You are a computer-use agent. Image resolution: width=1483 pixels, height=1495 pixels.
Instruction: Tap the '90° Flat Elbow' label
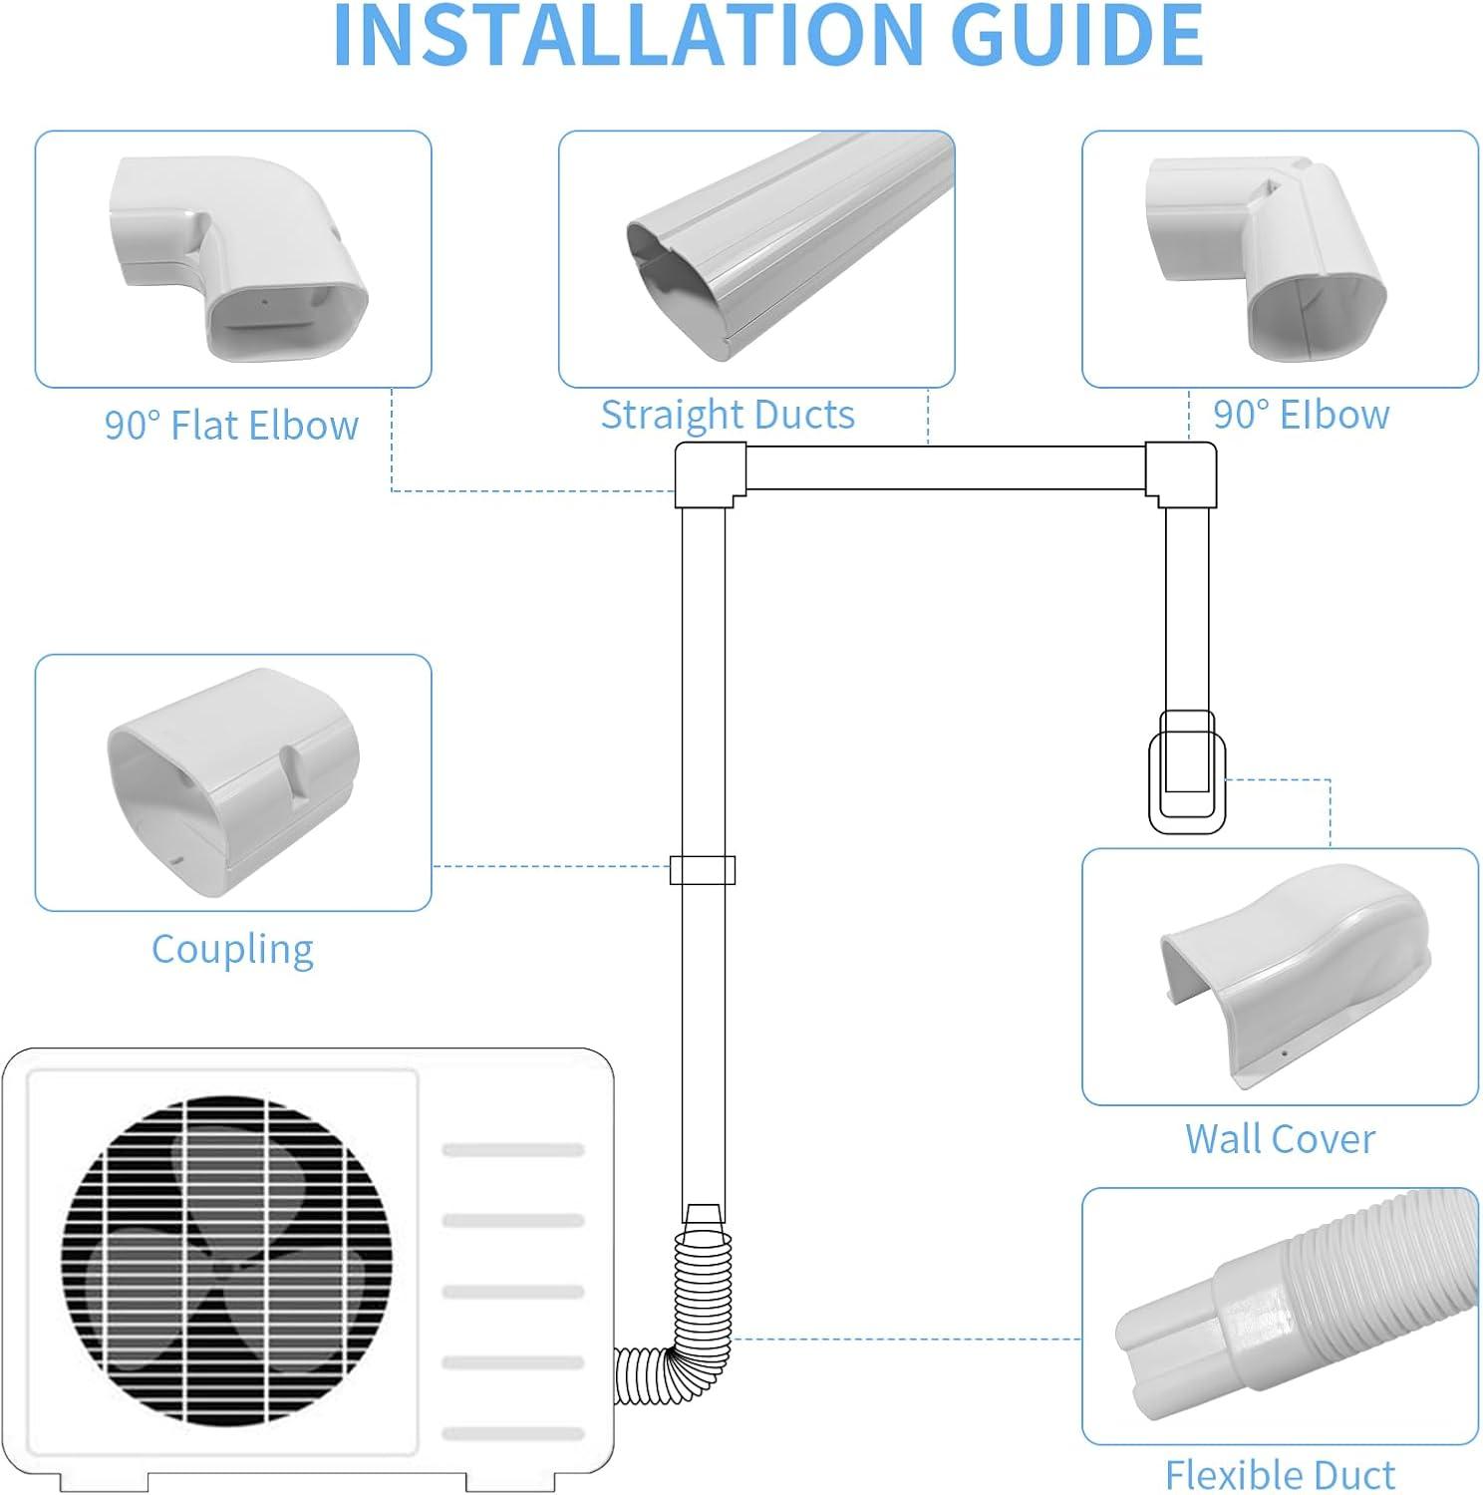tap(231, 426)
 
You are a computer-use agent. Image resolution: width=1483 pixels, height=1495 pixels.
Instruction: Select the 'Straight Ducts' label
tap(728, 415)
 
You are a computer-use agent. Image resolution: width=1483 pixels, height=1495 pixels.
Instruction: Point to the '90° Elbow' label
tap(1301, 415)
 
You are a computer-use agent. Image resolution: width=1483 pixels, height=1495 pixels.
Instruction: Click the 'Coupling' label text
tap(232, 949)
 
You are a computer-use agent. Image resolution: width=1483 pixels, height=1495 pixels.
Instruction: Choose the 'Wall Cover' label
tap(1280, 1138)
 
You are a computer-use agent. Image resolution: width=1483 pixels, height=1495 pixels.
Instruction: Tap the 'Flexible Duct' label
tap(1280, 1473)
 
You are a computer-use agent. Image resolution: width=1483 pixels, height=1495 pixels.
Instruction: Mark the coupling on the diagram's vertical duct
tap(703, 870)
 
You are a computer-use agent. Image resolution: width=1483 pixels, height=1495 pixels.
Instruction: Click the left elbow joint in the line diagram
tap(710, 475)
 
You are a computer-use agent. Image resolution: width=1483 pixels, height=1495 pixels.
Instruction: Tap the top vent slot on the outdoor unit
tap(512, 1150)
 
